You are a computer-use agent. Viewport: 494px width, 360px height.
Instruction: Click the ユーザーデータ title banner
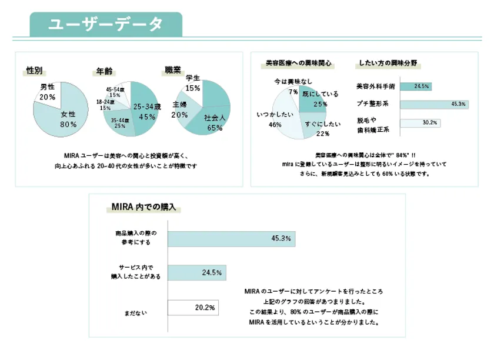pyautogui.click(x=106, y=25)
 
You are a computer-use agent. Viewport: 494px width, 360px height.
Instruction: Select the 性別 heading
pyautogui.click(x=35, y=71)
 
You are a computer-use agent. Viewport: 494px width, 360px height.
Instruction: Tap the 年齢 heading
pyautogui.click(x=104, y=71)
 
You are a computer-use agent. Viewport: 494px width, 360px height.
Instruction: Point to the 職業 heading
pyautogui.click(x=172, y=70)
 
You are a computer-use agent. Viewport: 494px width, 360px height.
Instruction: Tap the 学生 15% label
pyautogui.click(x=192, y=83)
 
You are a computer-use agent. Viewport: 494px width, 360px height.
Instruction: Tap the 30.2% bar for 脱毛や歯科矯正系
pyautogui.click(x=420, y=123)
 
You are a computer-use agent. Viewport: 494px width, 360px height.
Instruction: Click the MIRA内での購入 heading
pyautogui.click(x=143, y=208)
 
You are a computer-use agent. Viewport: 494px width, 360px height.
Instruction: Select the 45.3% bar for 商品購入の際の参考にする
pyautogui.click(x=231, y=238)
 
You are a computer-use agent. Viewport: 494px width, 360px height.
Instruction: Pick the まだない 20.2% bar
pyautogui.click(x=193, y=308)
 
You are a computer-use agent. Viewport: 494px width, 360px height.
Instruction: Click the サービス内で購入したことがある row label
pyautogui.click(x=136, y=272)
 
